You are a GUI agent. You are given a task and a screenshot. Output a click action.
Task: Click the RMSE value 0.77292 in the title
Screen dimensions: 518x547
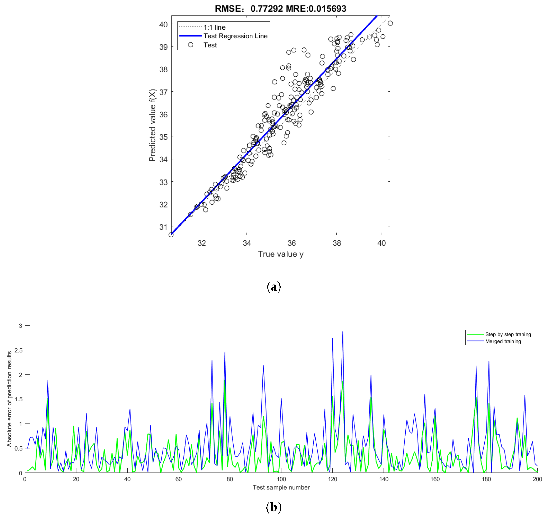tap(266, 9)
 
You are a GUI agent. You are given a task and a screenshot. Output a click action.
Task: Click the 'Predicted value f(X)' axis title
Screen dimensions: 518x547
tap(152, 125)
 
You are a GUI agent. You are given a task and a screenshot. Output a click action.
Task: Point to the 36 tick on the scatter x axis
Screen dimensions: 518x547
tap(292, 243)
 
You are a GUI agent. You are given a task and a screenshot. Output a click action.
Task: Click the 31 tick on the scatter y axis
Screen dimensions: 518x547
tap(163, 227)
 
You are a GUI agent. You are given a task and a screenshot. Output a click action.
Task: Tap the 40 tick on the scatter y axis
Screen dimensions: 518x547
tap(163, 25)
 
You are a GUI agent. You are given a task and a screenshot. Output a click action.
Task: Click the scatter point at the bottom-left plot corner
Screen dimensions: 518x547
tap(171, 235)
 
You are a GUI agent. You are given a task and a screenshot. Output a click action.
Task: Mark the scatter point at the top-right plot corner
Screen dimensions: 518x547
tap(390, 23)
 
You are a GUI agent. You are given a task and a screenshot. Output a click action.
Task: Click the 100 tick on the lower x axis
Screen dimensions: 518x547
tap(281, 479)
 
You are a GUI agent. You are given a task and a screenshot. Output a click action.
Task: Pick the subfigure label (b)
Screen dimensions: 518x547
tap(273, 507)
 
